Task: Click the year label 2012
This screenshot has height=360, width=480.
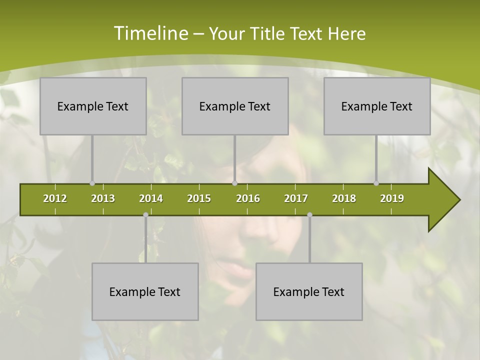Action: pyautogui.click(x=55, y=198)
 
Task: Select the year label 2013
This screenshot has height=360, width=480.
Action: pyautogui.click(x=103, y=198)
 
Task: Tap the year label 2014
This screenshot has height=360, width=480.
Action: pyautogui.click(x=151, y=198)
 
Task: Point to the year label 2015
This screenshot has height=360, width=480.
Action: pyautogui.click(x=199, y=198)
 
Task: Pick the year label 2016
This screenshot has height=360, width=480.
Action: pyautogui.click(x=248, y=198)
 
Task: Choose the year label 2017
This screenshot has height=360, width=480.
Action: pyautogui.click(x=296, y=198)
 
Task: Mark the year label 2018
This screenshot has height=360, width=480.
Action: pyautogui.click(x=344, y=198)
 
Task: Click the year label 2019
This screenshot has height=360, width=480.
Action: pyautogui.click(x=392, y=198)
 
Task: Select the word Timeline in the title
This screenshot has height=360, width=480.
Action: pyautogui.click(x=150, y=33)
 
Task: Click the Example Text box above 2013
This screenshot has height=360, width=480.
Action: pyautogui.click(x=93, y=106)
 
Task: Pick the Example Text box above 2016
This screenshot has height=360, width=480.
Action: pyautogui.click(x=235, y=106)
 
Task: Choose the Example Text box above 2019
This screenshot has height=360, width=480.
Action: pyautogui.click(x=377, y=106)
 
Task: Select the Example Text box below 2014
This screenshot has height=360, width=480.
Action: pyautogui.click(x=145, y=291)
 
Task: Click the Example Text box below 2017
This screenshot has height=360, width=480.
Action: pyautogui.click(x=309, y=291)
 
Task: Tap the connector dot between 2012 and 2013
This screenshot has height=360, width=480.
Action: pyautogui.click(x=92, y=183)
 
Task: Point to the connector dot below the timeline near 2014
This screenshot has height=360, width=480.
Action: pyautogui.click(x=145, y=215)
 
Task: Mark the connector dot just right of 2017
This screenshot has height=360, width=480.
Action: pyautogui.click(x=309, y=215)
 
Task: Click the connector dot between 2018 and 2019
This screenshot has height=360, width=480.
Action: pyautogui.click(x=376, y=183)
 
